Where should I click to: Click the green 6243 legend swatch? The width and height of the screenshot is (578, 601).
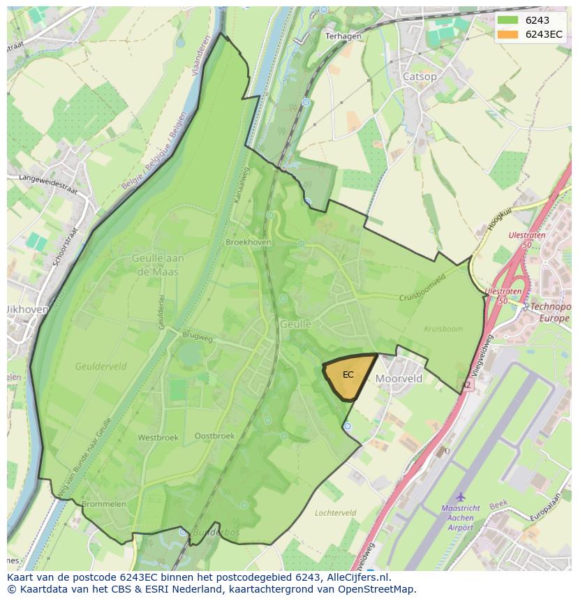tap(507, 21)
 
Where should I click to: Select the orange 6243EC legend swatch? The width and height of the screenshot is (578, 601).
tap(507, 35)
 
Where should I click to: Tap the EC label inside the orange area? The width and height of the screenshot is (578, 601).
tap(348, 375)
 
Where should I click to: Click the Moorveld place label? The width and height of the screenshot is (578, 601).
tap(399, 378)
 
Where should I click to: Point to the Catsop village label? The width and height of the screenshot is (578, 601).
tap(420, 76)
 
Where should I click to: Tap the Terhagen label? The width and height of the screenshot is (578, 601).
tap(343, 36)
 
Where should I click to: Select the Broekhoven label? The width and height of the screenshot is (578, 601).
tap(249, 242)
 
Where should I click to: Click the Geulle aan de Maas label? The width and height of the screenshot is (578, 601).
tap(158, 265)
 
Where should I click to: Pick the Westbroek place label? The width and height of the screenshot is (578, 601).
tap(158, 438)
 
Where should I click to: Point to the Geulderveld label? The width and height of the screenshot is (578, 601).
tap(101, 365)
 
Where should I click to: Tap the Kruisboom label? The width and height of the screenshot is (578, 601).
tap(443, 328)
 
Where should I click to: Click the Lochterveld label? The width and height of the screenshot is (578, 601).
tap(335, 512)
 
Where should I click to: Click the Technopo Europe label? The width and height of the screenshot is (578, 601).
tap(549, 313)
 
